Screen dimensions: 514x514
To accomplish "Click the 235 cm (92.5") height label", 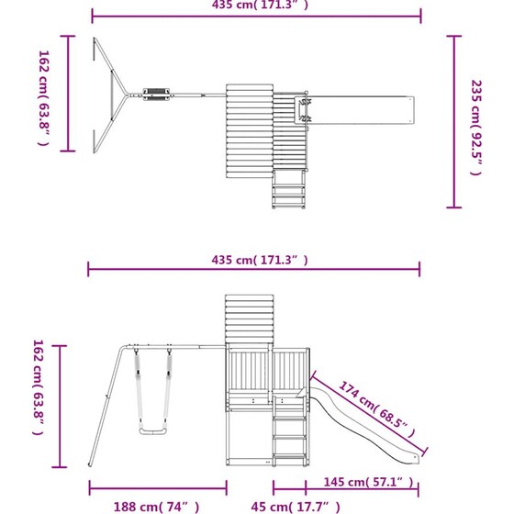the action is click(476, 128).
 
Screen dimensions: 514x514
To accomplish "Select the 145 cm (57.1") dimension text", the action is click(369, 482).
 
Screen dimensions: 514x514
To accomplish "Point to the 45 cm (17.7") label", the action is click(296, 507).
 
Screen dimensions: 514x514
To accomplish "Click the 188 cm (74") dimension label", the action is click(156, 507).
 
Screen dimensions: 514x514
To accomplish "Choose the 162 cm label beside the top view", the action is click(44, 98).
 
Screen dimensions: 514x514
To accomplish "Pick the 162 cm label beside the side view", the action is click(38, 387).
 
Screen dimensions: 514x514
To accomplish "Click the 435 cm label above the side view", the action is click(260, 260).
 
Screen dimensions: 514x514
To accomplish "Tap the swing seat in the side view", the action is click(153, 431).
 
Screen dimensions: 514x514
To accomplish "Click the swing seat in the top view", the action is click(156, 95).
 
